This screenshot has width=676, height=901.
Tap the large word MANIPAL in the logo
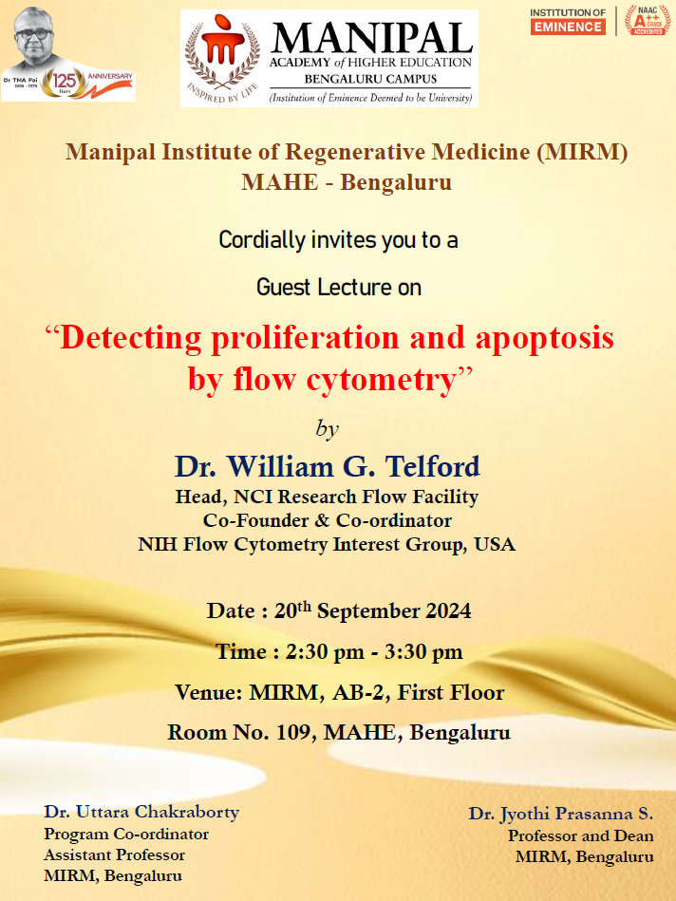[372, 39]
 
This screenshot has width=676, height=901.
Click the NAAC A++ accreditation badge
[648, 21]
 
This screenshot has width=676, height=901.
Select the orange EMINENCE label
[568, 27]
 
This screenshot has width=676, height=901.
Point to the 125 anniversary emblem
[64, 84]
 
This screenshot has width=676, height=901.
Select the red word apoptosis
[544, 338]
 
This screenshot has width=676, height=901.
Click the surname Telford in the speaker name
[432, 466]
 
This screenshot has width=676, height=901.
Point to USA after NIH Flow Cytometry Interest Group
[495, 544]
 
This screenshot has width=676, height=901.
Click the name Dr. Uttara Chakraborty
[141, 812]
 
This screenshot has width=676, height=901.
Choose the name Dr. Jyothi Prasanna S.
[561, 814]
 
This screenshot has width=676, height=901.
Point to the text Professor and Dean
[580, 836]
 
